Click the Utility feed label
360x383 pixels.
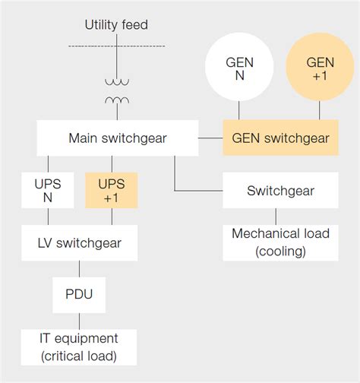click(x=116, y=25)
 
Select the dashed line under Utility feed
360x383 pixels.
click(x=116, y=46)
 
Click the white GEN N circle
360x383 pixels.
click(x=239, y=70)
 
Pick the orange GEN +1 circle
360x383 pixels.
click(x=319, y=70)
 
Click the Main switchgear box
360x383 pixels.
click(x=118, y=138)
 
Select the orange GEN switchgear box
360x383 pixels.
click(x=280, y=138)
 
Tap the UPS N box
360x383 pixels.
click(x=49, y=191)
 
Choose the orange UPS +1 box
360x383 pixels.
click(x=112, y=191)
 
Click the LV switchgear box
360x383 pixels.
click(x=80, y=244)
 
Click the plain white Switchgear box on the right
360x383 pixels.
click(x=280, y=191)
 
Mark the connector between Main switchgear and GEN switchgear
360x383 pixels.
click(x=210, y=138)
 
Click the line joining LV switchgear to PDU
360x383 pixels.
click(x=79, y=269)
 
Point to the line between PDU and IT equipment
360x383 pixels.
click(x=79, y=321)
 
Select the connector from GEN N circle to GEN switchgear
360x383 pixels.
click(x=239, y=112)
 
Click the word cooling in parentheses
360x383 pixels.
click(x=280, y=251)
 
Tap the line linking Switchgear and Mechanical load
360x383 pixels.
click(x=280, y=216)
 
